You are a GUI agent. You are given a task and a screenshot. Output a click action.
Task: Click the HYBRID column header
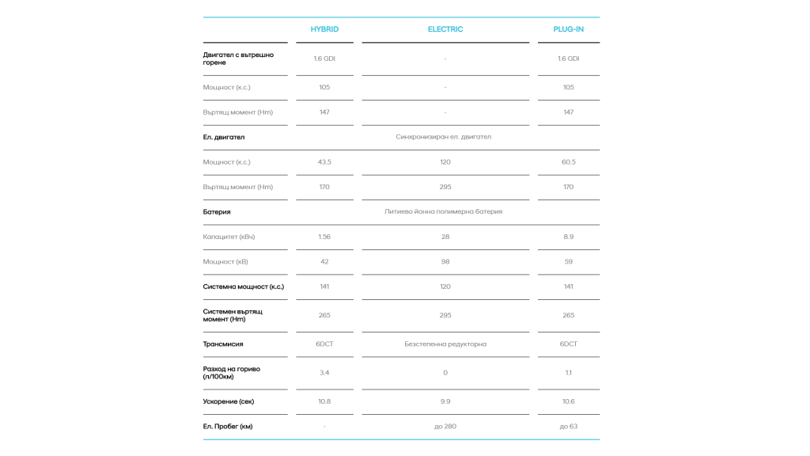point(324,29)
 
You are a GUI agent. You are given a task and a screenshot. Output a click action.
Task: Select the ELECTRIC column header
point(445,29)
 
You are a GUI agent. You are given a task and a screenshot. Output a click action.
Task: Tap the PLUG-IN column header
point(568,29)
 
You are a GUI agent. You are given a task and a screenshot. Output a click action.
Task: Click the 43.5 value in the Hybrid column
point(324,162)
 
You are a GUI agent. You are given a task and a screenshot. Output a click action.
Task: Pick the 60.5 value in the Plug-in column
point(568,162)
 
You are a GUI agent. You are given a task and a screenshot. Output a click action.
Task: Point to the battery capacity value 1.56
point(324,237)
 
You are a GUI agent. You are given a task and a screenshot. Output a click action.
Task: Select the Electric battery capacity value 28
point(445,237)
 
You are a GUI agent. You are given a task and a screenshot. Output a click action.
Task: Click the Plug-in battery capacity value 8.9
point(568,237)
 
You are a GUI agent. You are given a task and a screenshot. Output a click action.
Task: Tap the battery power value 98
point(445,262)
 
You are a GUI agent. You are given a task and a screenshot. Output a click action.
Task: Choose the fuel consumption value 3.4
point(324,373)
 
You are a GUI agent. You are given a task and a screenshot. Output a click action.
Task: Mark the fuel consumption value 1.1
point(568,373)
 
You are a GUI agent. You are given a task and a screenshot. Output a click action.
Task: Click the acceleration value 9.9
point(445,401)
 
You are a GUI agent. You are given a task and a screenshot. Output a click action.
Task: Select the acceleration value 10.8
point(324,401)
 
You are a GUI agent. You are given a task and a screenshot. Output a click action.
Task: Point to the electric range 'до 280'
point(445,427)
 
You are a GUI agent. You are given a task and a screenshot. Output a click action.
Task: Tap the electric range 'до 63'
point(568,427)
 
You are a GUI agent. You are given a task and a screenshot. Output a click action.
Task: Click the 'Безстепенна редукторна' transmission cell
point(445,344)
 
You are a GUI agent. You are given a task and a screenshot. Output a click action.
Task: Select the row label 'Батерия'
point(217,212)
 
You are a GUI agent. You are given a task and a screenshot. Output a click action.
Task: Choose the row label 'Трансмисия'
point(223,344)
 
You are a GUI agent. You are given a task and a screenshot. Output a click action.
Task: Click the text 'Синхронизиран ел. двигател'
point(443,137)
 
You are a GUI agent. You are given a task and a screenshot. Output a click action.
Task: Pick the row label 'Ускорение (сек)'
point(229,401)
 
